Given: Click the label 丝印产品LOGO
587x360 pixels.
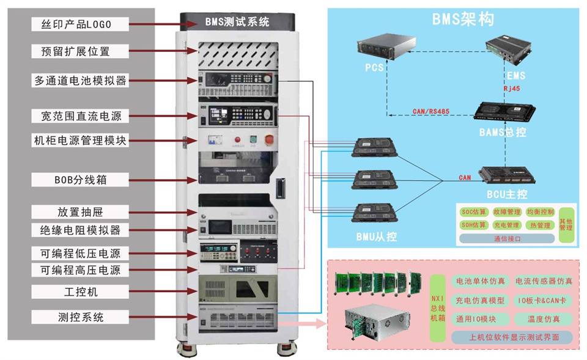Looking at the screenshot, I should pos(80,24).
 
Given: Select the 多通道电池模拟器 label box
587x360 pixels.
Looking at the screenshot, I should pos(80,81).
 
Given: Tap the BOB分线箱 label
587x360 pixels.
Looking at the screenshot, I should pos(80,180).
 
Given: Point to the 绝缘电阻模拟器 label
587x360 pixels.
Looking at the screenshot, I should pos(80,230).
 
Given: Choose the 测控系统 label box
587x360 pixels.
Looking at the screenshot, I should pos(80,317).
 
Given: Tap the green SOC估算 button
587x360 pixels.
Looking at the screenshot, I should pos(473,212).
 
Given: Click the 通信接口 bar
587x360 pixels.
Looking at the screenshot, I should pos(507,239).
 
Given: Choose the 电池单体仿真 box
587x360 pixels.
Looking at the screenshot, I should pos(480,281).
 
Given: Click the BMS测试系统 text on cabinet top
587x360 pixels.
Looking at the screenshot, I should pos(237,22).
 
